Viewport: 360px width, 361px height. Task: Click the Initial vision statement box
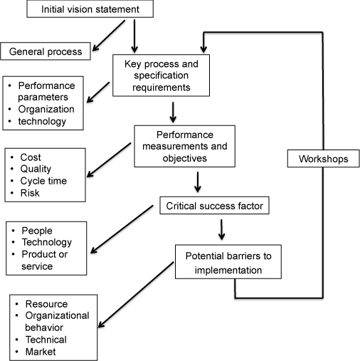click(x=90, y=9)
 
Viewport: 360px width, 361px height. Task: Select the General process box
click(x=46, y=51)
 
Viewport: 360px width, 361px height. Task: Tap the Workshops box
click(x=324, y=159)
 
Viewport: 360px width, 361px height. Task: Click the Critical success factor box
click(x=214, y=206)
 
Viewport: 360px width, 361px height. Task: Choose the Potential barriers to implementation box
click(x=228, y=262)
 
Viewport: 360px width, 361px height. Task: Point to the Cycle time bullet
click(x=43, y=181)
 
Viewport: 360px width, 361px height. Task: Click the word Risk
click(x=30, y=193)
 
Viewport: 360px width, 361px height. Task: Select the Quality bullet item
click(x=36, y=169)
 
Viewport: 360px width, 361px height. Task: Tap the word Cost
click(x=31, y=157)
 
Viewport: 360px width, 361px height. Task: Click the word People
click(x=37, y=231)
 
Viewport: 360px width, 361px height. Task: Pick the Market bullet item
click(x=41, y=352)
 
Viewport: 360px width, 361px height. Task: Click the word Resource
click(x=46, y=304)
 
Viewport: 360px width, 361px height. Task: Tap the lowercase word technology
click(x=42, y=121)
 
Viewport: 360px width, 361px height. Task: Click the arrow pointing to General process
click(x=109, y=36)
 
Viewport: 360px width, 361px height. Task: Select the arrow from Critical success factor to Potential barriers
click(x=221, y=229)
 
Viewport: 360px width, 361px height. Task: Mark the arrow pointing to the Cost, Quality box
click(x=109, y=159)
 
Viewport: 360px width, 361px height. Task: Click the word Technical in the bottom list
click(x=46, y=340)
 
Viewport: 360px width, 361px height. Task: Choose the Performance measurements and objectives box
click(x=185, y=146)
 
